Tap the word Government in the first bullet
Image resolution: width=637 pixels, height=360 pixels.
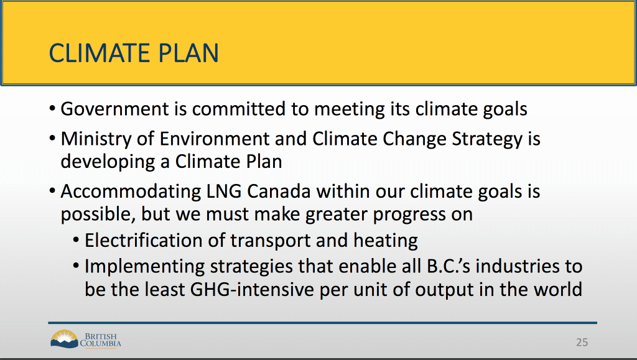[x=114, y=109]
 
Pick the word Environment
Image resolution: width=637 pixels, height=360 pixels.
[x=214, y=139]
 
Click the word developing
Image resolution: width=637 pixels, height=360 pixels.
[x=108, y=162]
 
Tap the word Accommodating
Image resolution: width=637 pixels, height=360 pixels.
[x=131, y=191]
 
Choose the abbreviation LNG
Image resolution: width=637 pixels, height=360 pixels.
[x=224, y=191]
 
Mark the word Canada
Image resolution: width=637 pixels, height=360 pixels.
[x=279, y=191]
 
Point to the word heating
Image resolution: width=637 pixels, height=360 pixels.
[x=385, y=241]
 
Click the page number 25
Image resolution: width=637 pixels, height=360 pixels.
[x=582, y=343]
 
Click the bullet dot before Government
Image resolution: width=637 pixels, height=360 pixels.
[x=52, y=109]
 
